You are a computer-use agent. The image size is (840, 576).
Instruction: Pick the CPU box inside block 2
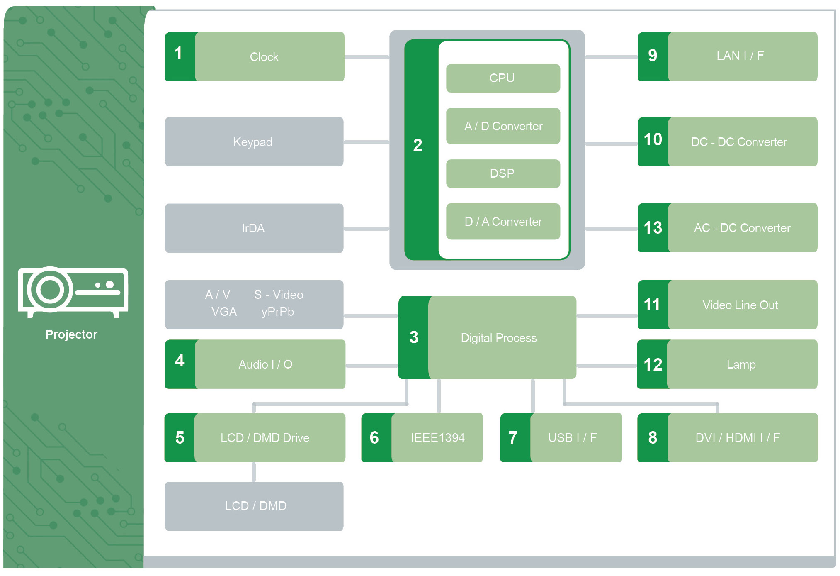tap(503, 78)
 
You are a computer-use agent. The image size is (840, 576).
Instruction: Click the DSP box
tap(503, 173)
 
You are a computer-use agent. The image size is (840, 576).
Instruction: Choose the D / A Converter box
tap(503, 222)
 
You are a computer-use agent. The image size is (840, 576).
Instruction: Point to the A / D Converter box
tap(503, 126)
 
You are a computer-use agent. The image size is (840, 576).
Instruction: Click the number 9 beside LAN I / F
tap(653, 56)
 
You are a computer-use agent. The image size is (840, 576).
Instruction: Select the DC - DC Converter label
tap(739, 142)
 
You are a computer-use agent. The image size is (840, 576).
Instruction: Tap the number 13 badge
tap(653, 228)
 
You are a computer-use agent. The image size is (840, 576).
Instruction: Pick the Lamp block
tap(741, 364)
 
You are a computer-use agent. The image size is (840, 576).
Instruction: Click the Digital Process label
tap(499, 338)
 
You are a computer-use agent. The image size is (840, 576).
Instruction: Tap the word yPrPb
tap(277, 312)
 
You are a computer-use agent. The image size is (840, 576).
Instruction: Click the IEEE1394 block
tap(437, 438)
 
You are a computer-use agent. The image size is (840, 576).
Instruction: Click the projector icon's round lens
tap(50, 289)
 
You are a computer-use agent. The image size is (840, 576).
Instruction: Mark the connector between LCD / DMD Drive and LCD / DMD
tap(254, 472)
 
